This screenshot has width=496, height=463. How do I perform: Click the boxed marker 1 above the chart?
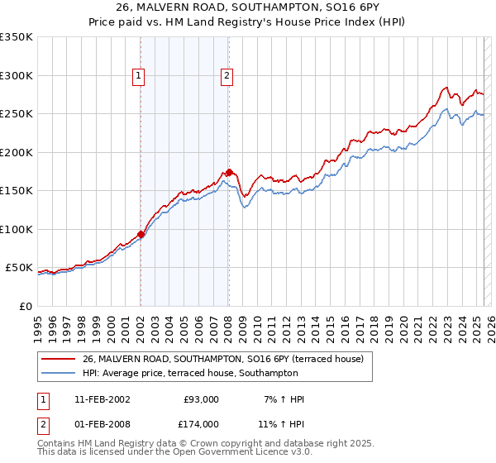click(x=140, y=76)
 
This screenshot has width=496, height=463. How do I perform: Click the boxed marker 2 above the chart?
click(x=227, y=76)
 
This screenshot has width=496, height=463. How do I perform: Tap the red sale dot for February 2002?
click(x=141, y=234)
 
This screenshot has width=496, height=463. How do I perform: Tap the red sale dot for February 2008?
click(x=228, y=172)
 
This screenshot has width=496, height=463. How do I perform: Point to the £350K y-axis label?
click(x=16, y=37)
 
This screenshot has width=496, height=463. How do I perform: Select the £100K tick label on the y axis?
click(x=16, y=229)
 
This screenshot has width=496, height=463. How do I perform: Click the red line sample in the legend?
click(x=58, y=359)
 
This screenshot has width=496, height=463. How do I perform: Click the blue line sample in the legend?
click(x=58, y=373)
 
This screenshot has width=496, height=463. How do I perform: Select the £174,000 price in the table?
click(x=200, y=424)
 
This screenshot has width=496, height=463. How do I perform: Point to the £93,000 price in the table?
click(x=200, y=399)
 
